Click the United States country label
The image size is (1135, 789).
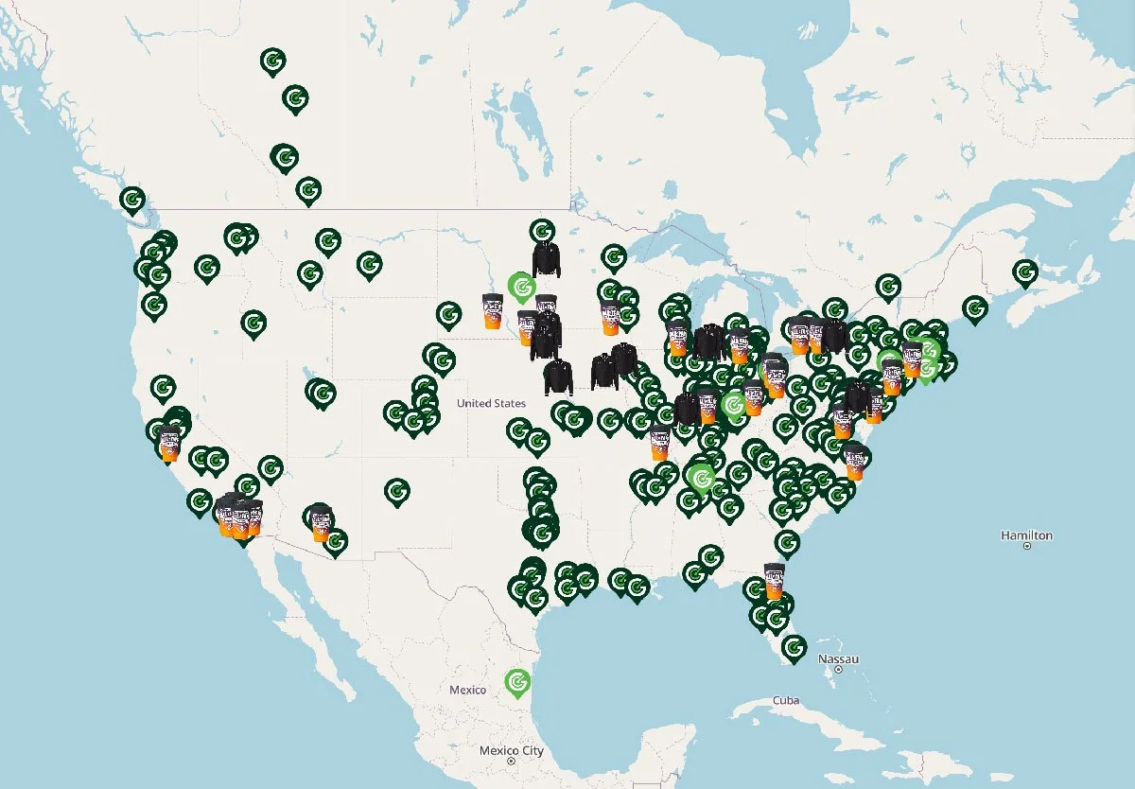click(x=491, y=404)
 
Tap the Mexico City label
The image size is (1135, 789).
click(x=511, y=750)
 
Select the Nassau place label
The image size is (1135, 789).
click(x=837, y=657)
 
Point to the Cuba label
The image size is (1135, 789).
click(x=785, y=700)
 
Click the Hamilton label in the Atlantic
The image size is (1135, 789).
click(x=1026, y=535)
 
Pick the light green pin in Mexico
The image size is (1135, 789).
click(x=516, y=681)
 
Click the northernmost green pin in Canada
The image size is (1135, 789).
click(x=272, y=62)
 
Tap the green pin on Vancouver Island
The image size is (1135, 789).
click(x=132, y=200)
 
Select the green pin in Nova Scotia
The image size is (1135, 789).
click(x=1024, y=272)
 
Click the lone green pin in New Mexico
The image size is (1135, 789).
click(x=397, y=491)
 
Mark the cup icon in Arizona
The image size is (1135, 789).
click(x=321, y=523)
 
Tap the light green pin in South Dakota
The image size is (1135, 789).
click(x=520, y=285)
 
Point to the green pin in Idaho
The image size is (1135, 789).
click(x=253, y=324)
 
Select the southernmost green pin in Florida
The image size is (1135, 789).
click(x=794, y=647)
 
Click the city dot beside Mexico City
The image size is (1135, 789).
click(x=511, y=761)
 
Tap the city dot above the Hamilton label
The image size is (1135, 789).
click(x=1026, y=547)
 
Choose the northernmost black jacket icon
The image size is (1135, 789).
click(x=547, y=257)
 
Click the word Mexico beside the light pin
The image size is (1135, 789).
click(x=467, y=690)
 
